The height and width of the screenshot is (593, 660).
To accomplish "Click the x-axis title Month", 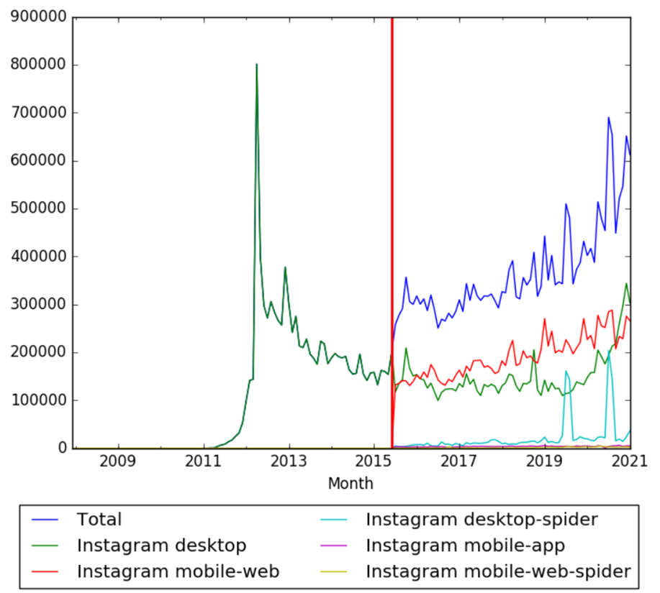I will tap(351, 484).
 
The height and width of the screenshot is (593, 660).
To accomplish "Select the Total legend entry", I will tap(99, 519).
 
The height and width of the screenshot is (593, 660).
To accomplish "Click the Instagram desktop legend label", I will tap(161, 545).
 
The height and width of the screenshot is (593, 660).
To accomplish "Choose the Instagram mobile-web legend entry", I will tap(177, 571).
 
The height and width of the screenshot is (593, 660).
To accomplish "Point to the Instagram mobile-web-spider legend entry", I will tap(498, 571).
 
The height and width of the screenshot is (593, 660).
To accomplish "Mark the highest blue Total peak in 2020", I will tap(608, 118).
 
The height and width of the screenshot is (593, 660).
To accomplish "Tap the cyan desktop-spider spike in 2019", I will tap(566, 372).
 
